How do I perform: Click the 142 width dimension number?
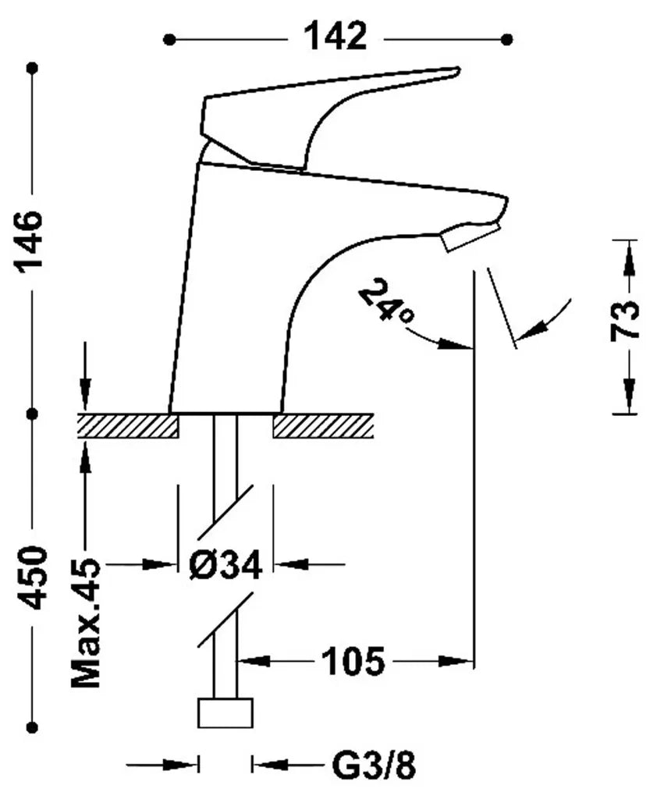(x=335, y=37)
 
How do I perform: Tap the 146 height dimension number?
(x=30, y=242)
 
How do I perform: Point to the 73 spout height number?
(x=624, y=320)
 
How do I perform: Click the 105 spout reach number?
(x=353, y=661)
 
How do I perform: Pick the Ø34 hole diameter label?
(x=226, y=563)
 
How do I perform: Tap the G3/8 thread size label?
(x=375, y=766)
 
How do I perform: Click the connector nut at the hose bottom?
(x=225, y=713)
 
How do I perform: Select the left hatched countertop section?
(x=127, y=425)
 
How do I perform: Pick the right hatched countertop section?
(x=323, y=425)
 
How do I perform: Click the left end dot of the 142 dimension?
(x=170, y=39)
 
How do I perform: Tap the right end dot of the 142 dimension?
(x=506, y=39)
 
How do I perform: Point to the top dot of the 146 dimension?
(x=34, y=68)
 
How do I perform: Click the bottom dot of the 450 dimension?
(x=34, y=727)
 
